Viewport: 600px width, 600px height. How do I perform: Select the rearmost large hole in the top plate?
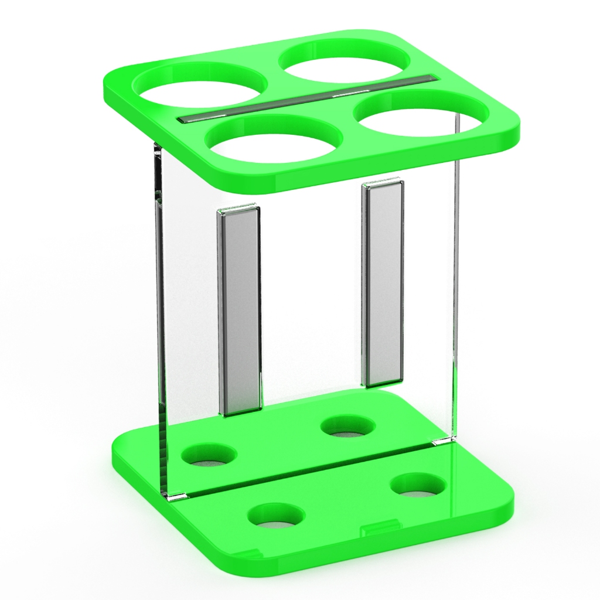345,61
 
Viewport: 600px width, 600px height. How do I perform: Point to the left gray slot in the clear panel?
239,311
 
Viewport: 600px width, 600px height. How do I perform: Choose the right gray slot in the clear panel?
383,284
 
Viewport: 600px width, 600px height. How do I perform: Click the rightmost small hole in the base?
418,485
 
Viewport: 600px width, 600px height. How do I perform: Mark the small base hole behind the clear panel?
348,426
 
